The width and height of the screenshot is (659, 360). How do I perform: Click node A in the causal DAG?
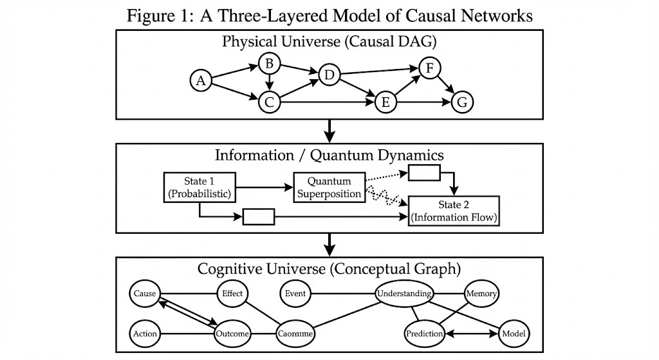coord(201,81)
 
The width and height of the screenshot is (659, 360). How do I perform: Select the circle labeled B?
coord(270,62)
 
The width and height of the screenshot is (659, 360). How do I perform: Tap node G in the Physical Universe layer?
coord(462,102)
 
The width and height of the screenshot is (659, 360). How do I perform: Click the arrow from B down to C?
coord(270,82)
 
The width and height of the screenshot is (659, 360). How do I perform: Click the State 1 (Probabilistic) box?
coord(199,187)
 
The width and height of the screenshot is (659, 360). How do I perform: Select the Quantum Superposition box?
coord(329,187)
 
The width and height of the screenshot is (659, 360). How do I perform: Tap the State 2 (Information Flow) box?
coord(454,211)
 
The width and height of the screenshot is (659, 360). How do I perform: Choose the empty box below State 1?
coord(259,217)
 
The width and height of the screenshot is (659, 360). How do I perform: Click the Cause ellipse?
coord(145,294)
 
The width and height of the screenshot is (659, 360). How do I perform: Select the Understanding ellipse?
coord(404,294)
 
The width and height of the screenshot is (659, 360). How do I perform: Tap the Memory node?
coord(481,294)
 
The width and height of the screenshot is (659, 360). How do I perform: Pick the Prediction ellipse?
coord(425,334)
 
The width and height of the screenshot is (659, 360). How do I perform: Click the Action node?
coord(144,334)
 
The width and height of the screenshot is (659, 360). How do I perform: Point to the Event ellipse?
coord(295,294)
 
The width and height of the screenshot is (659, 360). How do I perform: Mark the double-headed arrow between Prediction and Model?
coord(472,334)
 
